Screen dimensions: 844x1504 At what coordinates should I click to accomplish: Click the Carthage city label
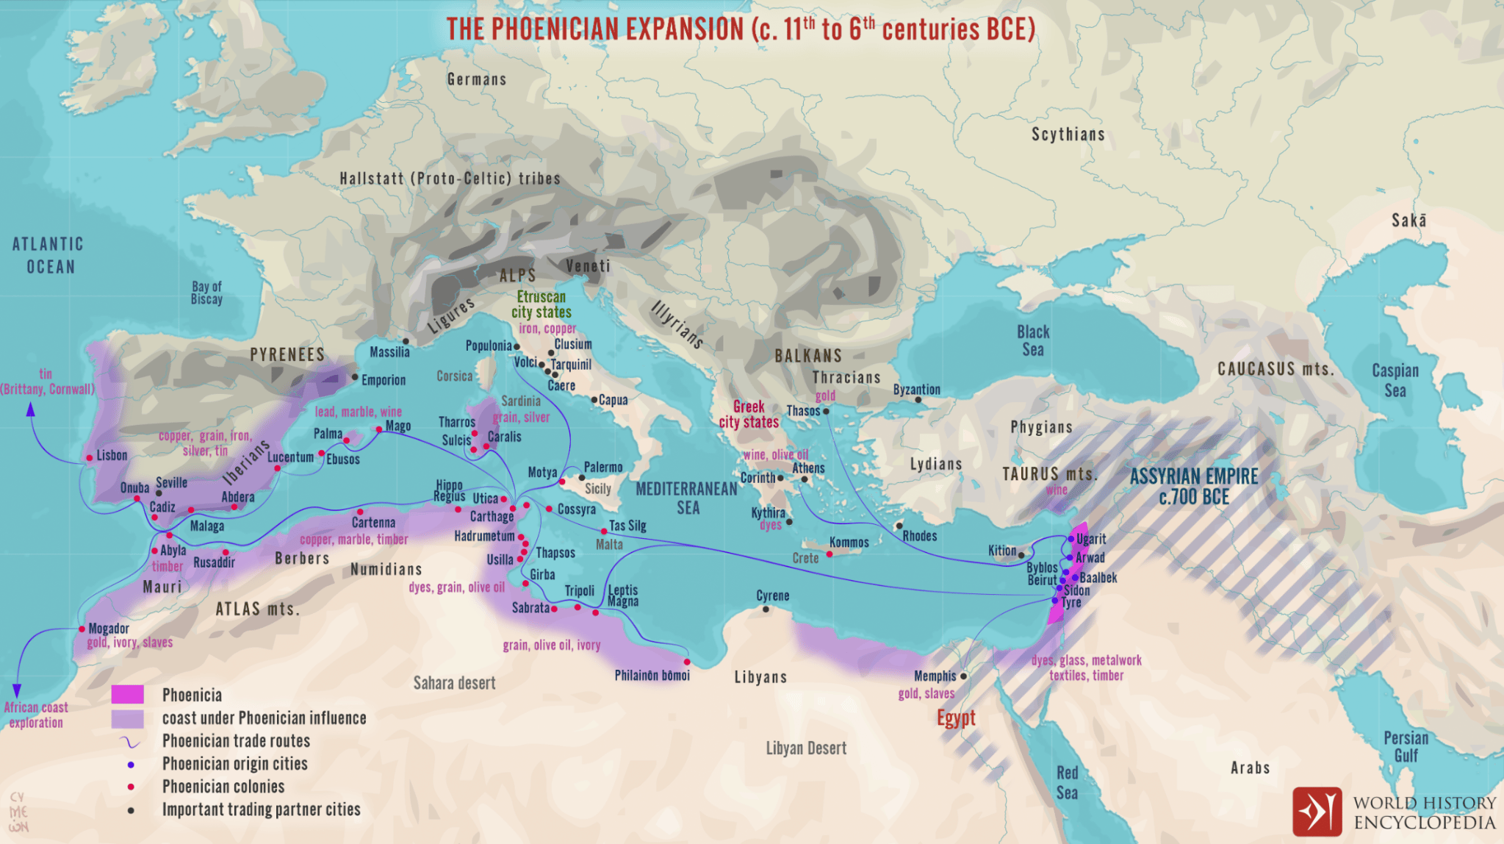click(492, 517)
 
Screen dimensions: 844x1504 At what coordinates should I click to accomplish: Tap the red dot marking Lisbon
click(90, 457)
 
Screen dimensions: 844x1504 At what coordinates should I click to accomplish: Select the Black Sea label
click(1032, 341)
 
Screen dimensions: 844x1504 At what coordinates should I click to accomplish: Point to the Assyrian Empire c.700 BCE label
click(1193, 487)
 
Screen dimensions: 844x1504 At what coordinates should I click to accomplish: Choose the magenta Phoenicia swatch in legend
click(127, 695)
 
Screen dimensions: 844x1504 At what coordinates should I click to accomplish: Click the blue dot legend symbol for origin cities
click(131, 765)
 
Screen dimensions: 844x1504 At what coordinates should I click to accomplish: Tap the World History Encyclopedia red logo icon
click(1317, 812)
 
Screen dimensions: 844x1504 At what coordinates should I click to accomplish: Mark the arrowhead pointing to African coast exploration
click(17, 691)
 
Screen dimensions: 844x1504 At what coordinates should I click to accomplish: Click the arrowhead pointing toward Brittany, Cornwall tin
click(31, 409)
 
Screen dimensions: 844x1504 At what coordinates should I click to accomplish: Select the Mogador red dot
click(82, 629)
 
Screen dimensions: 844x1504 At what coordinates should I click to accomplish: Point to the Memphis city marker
click(963, 676)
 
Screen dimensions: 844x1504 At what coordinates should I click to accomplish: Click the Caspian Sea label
click(1395, 380)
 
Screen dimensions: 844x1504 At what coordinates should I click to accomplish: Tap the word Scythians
click(1068, 135)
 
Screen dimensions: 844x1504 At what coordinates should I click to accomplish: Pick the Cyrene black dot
click(766, 609)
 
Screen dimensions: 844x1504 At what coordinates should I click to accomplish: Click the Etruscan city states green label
click(541, 304)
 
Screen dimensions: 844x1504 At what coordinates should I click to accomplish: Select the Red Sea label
click(1067, 782)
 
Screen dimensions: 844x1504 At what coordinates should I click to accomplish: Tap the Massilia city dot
click(406, 342)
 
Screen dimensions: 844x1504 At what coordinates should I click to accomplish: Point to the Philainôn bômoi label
click(652, 675)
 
